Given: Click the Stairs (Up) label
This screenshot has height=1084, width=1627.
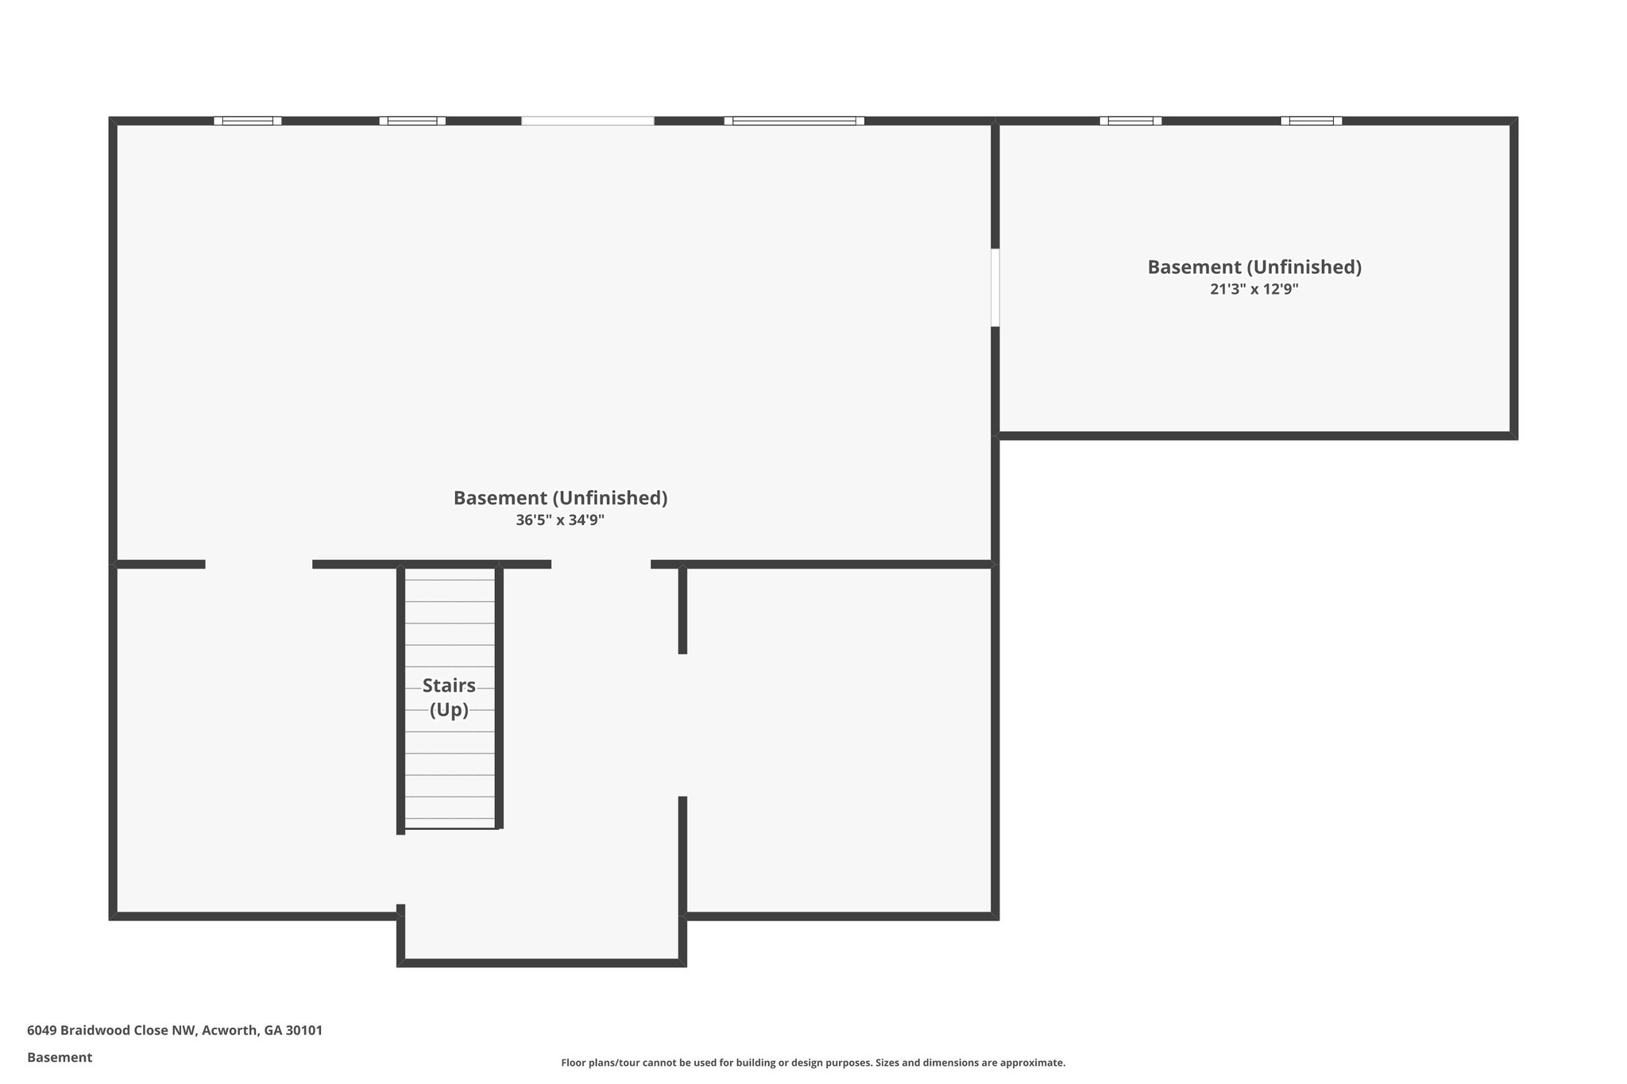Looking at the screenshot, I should pos(449,697).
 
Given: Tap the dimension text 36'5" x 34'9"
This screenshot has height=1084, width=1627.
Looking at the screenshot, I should pos(560,520).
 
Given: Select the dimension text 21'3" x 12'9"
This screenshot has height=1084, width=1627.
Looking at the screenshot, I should pos(1254,289).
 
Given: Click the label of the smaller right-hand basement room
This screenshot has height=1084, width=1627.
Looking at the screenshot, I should pos(1254,267).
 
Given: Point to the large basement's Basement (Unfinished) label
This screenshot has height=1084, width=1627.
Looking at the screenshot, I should pos(560,498).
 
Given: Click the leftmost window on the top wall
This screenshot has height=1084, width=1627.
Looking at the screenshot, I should pos(247,121).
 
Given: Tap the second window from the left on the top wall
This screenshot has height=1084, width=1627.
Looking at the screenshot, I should pos(412,121).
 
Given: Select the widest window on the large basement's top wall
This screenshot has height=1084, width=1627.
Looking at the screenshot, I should pos(794,121).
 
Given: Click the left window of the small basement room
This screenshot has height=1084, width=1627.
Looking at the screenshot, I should pos(1130,121).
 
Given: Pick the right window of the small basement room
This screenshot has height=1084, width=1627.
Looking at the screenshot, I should pos(1311,121).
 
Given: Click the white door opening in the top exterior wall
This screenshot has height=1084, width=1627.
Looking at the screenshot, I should pos(587,121).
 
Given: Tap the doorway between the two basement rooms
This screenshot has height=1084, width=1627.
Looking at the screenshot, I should pos(995,287).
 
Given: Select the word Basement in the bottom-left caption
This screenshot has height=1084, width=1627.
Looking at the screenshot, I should pos(60,1057).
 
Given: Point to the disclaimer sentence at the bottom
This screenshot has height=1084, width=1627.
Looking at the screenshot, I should pos(813,1063).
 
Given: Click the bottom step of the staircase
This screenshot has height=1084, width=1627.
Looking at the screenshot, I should pos(450,823).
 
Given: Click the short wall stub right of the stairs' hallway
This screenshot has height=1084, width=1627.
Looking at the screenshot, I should pos(682,610).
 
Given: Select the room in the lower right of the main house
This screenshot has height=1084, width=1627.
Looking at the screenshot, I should pos(838,739).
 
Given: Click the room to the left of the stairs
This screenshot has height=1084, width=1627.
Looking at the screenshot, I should pos(254,739).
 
